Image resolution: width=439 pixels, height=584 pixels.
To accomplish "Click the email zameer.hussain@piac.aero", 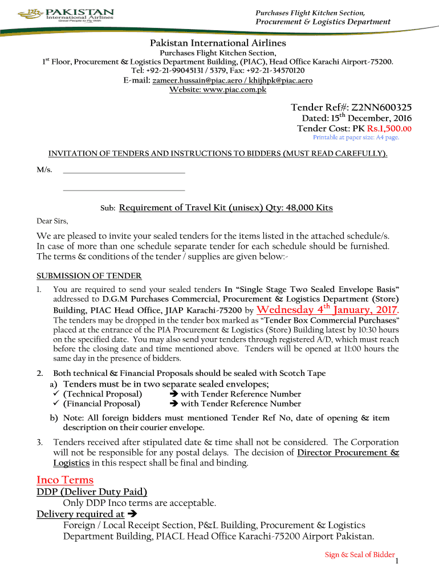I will point(192,80).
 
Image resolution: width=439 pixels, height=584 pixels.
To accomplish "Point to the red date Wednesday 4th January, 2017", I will point(327,310).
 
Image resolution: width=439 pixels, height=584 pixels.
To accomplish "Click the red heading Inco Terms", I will point(65,480).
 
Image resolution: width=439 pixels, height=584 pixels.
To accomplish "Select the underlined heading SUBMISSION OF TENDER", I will point(89,275).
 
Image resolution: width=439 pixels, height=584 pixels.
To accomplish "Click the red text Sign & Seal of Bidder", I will point(359,554).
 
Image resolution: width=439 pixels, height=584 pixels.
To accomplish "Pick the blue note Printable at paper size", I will point(356,137).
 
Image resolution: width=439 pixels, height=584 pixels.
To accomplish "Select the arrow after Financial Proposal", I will point(174,404).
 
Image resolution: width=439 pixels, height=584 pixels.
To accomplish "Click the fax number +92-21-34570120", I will point(278,71).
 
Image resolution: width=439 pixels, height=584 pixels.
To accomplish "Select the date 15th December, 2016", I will point(351,118).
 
